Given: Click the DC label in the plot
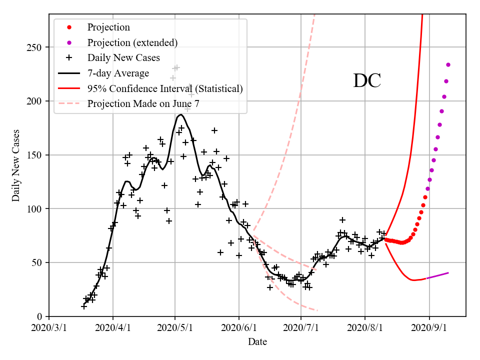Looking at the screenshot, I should [x=367, y=81].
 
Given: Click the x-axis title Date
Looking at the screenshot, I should [x=257, y=342].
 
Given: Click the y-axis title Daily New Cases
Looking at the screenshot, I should [x=16, y=165].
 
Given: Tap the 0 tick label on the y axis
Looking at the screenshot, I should [x=38, y=316].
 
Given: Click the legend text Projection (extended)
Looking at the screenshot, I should [x=132, y=42].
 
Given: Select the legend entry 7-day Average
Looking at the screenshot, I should [x=118, y=73].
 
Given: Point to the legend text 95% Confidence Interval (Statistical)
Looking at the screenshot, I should [x=165, y=88].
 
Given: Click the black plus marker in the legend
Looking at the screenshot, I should [x=69, y=58].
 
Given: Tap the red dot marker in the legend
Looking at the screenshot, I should [x=69, y=27].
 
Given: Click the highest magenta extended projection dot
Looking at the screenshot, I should [x=448, y=64].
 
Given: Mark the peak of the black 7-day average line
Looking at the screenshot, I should [x=180, y=114].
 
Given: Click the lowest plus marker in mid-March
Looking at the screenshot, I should [x=83, y=306].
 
